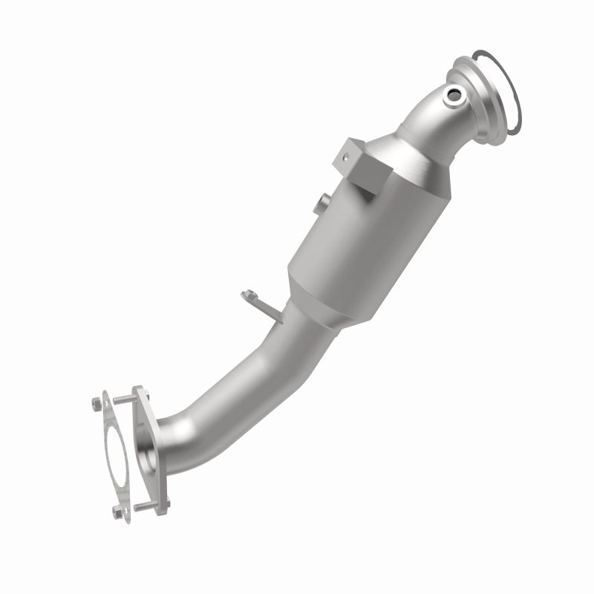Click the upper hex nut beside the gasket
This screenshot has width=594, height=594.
point(97,404)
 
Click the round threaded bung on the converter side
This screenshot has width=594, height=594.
point(321,203)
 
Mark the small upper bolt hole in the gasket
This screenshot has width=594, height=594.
point(106,405)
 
